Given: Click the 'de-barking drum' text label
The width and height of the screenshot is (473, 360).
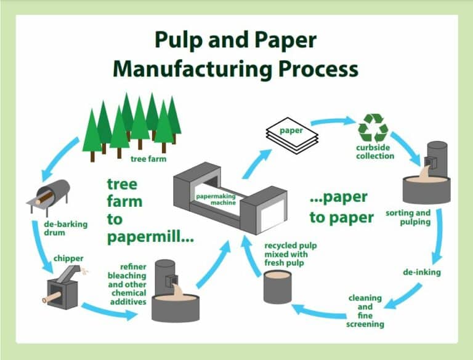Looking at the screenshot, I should pyautogui.click(x=62, y=228).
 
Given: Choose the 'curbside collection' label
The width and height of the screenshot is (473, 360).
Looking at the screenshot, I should pyautogui.click(x=375, y=152).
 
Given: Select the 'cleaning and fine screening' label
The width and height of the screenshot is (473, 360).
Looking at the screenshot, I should pyautogui.click(x=366, y=311).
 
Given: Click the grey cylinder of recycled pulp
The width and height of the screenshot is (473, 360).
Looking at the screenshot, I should pyautogui.click(x=277, y=286).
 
